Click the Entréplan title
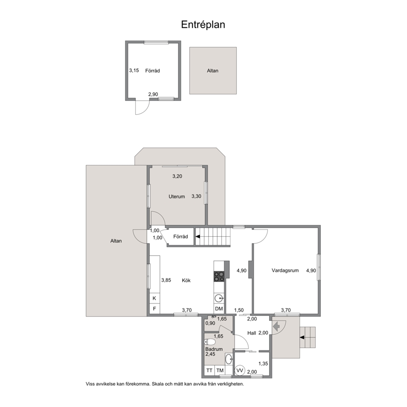click(203, 25)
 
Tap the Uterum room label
click(177, 197)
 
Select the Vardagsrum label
click(285, 270)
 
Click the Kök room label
click(186, 280)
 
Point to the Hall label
click(252, 333)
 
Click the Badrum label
click(214, 349)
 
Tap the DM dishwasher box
click(220, 309)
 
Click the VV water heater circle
click(240, 370)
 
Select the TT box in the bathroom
click(209, 370)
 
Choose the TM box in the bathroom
click(220, 370)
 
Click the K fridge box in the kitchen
click(154, 298)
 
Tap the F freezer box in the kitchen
click(154, 309)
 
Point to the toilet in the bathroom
click(210, 342)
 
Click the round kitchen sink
click(219, 299)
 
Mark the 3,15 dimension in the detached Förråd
click(134, 70)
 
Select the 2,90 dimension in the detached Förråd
click(153, 94)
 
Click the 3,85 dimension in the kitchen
click(166, 280)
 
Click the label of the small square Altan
click(213, 71)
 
